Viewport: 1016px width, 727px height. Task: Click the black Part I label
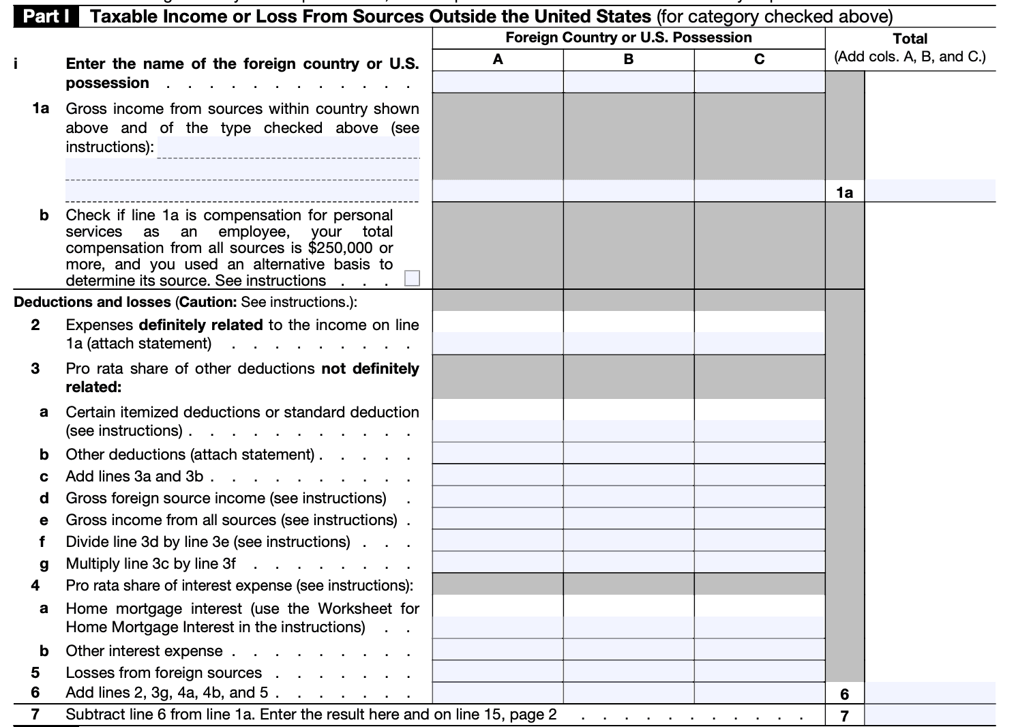click(46, 16)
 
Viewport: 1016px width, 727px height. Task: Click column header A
click(498, 59)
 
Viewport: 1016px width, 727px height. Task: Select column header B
click(629, 59)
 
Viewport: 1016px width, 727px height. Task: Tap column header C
click(760, 59)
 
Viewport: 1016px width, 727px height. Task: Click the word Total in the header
click(910, 39)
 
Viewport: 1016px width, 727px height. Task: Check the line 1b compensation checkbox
click(412, 278)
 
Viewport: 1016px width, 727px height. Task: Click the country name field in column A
click(498, 82)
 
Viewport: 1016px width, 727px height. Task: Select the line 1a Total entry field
click(930, 191)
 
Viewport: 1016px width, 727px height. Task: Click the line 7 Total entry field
click(930, 715)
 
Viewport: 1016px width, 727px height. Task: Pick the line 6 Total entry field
click(930, 693)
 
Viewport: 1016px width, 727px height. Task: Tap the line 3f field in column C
click(760, 541)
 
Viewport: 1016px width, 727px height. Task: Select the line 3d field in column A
click(498, 497)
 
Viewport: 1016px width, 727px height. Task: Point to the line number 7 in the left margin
click(35, 714)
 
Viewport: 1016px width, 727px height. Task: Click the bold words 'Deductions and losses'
click(92, 302)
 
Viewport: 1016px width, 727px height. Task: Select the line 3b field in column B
click(629, 454)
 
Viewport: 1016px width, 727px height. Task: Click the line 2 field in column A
click(498, 342)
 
